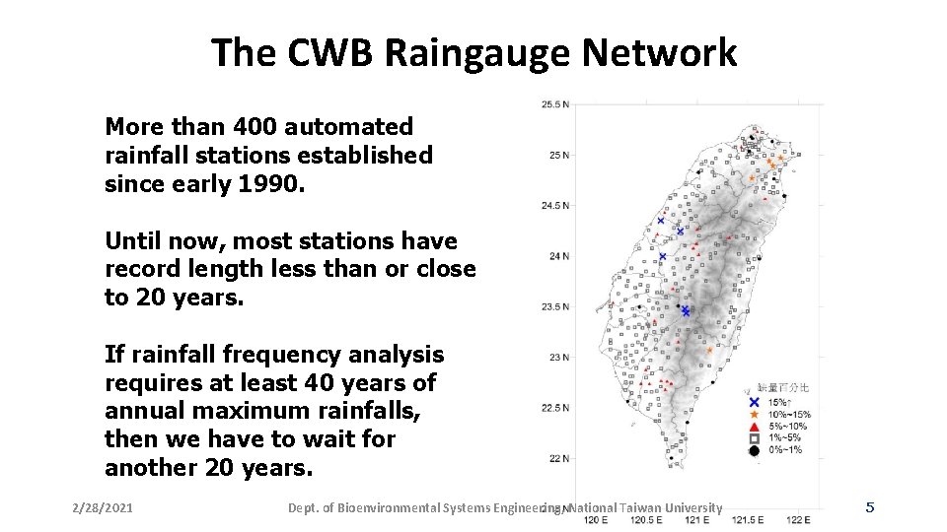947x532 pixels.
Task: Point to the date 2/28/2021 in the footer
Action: pyautogui.click(x=104, y=508)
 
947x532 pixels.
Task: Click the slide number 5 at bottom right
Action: pyautogui.click(x=869, y=507)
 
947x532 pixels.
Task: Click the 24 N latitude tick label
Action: pyautogui.click(x=558, y=256)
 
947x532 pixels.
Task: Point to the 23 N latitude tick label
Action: pyautogui.click(x=558, y=357)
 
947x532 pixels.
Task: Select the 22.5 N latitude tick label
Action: pyautogui.click(x=554, y=408)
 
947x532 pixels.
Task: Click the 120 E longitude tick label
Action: pyautogui.click(x=596, y=519)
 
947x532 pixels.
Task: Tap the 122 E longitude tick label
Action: pyautogui.click(x=798, y=519)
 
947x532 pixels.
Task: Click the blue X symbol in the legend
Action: pyautogui.click(x=755, y=403)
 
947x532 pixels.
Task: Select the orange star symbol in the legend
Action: pyautogui.click(x=755, y=415)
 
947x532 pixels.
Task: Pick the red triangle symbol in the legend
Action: pyautogui.click(x=755, y=427)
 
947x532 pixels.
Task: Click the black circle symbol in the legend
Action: pyautogui.click(x=755, y=450)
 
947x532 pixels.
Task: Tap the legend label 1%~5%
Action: pyautogui.click(x=786, y=438)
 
